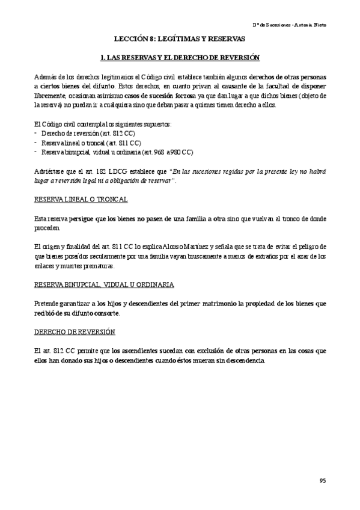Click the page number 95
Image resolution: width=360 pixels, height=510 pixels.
(323, 481)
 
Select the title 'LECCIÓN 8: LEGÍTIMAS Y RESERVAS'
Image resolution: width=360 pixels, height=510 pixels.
(180, 38)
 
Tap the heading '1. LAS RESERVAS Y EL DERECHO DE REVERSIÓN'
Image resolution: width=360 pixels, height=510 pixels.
(180, 57)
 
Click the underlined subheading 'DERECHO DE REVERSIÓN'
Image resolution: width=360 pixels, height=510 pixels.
(67, 332)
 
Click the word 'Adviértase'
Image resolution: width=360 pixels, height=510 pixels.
(49, 171)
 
